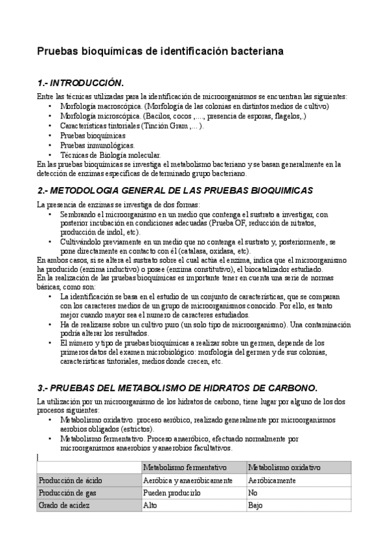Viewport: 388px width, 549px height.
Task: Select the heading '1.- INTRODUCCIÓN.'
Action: coord(81,84)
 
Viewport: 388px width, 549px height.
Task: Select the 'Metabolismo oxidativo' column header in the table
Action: coord(285,467)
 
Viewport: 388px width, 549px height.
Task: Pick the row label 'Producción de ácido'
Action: coord(71,480)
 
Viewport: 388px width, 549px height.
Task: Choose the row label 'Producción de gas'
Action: coord(68,493)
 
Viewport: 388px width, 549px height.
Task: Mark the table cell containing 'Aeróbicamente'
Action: coord(272,480)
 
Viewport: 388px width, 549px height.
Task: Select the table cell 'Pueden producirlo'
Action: coord(172,493)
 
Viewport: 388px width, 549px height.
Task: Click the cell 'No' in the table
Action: coord(253,493)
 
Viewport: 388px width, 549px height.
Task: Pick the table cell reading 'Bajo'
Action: coord(255,505)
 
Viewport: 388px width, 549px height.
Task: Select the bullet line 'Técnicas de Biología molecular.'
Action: coord(110,155)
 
